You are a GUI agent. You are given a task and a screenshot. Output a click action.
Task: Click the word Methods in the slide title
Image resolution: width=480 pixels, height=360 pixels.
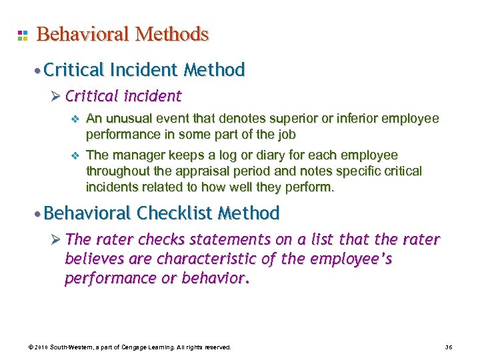(173, 34)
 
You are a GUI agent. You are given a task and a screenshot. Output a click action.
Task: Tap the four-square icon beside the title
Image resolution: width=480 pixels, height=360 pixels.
(22, 35)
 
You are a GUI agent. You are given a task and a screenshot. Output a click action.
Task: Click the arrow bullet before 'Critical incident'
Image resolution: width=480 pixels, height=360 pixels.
(56, 97)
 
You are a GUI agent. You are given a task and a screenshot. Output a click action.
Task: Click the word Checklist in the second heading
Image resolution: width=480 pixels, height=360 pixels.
(179, 213)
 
